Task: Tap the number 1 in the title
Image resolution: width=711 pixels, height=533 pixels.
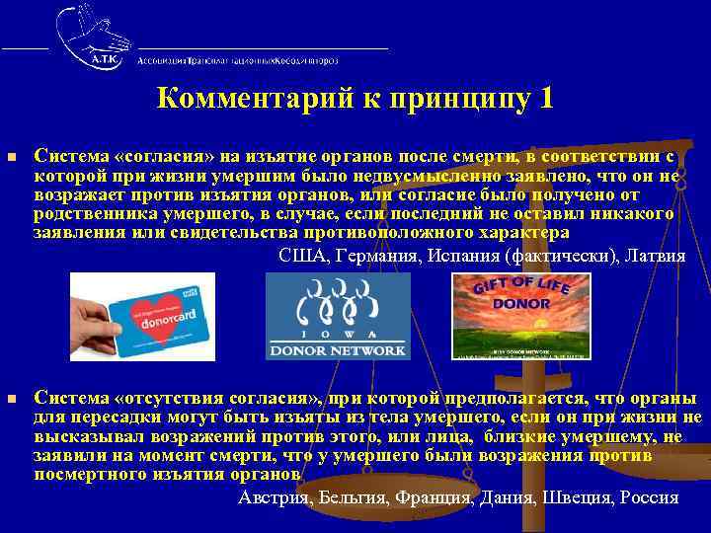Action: pos(546,100)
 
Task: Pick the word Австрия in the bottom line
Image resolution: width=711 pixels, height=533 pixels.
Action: pos(273,496)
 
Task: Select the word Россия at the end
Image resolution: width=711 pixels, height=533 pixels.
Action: pos(650,496)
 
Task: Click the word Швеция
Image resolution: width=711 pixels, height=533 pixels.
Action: pos(577,496)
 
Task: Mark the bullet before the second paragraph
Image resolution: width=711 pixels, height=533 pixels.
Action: pos(12,399)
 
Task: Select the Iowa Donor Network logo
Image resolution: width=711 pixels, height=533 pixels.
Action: pos(337,316)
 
